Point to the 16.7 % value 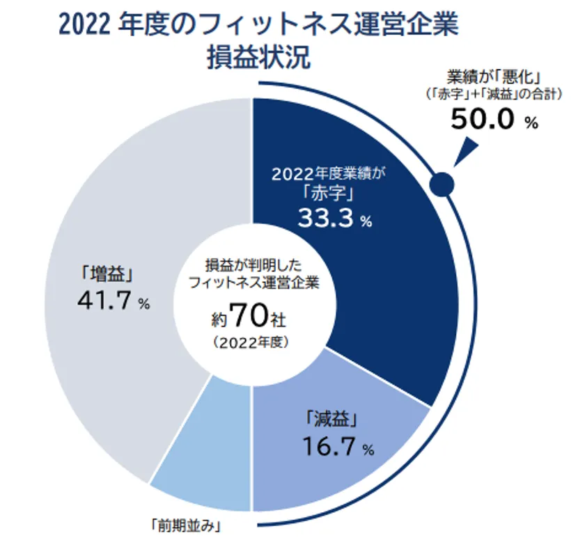[x=338, y=446]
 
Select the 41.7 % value [x=115, y=301]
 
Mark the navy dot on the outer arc [x=443, y=184]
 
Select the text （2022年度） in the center [x=249, y=342]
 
